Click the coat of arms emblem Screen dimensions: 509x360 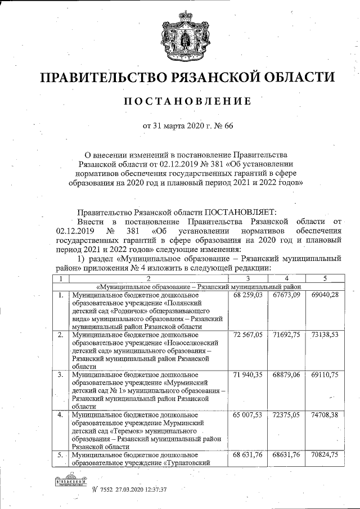[179, 36]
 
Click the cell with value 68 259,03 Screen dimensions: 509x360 [248, 295]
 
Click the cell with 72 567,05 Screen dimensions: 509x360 [248, 335]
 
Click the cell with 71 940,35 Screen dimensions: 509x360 [248, 375]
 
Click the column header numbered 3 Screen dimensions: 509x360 [248, 278]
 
